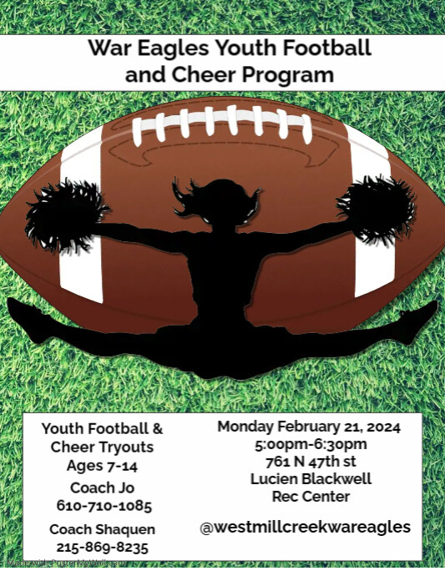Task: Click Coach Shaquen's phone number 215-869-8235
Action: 103,548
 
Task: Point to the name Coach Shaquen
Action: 103,529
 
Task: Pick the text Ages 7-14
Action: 103,466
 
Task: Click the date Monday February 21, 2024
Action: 309,427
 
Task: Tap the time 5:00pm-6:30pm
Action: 311,444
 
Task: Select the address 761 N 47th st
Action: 311,462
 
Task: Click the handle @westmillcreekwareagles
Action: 305,527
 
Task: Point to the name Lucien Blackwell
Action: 311,479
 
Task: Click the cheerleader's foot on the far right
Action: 422,316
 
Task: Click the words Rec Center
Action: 311,497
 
